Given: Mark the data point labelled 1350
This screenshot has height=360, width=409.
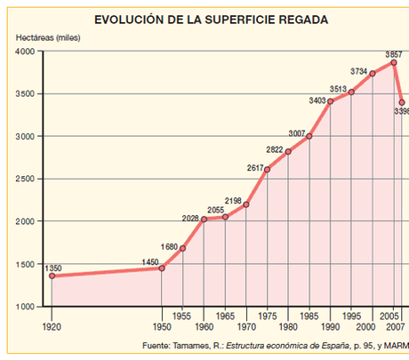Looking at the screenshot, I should [x=52, y=276].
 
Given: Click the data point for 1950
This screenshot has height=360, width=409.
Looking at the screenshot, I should [x=161, y=268].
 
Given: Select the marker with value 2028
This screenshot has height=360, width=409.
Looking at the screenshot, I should [x=204, y=219].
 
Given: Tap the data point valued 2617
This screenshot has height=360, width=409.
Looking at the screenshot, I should [x=267, y=169].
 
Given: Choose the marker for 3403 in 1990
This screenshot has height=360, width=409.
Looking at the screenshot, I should [x=331, y=101].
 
